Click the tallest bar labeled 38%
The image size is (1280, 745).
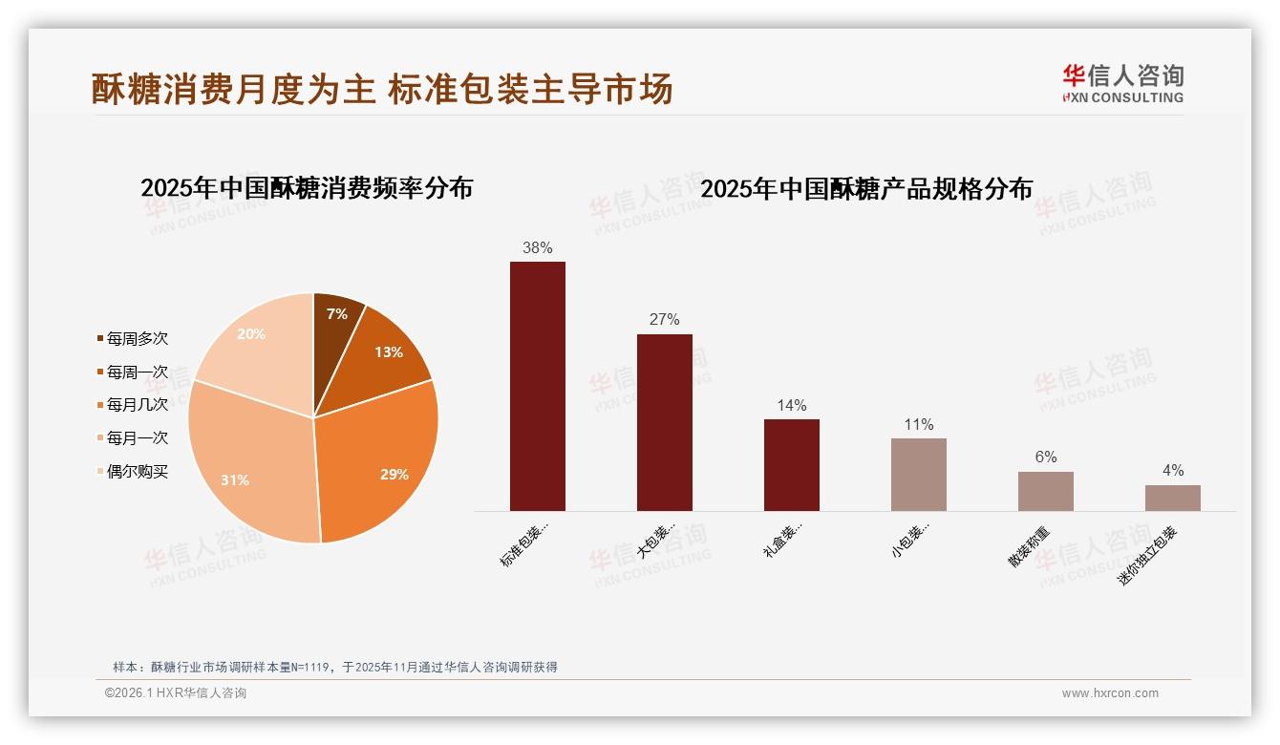click(537, 387)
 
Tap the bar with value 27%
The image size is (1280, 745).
click(664, 422)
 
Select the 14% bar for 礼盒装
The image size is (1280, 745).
click(791, 465)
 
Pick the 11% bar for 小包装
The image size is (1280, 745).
click(918, 475)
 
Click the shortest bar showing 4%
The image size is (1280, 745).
click(1172, 498)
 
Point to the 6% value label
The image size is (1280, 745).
click(1046, 458)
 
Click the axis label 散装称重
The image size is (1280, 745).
click(1030, 547)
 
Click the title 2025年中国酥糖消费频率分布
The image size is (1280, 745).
click(307, 188)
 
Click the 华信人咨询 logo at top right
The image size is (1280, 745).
click(1122, 83)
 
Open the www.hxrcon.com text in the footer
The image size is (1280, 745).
click(1109, 693)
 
